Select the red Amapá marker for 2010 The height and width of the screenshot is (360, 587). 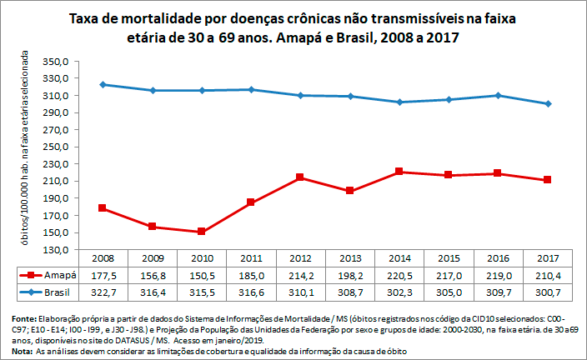[201, 232]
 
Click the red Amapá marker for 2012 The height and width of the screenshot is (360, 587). [300, 177]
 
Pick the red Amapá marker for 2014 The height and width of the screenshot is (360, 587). [399, 172]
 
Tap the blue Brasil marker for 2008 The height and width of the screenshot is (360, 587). [102, 85]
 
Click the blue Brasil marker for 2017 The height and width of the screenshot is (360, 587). [549, 103]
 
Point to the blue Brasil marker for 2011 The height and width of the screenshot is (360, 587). [251, 90]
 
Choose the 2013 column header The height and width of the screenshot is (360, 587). [349, 257]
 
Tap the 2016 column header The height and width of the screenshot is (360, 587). [499, 257]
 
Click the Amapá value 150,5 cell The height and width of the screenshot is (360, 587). [200, 275]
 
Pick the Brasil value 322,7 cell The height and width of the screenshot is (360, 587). [101, 292]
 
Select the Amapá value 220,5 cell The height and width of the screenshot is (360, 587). [399, 275]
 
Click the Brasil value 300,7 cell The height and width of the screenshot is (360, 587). [549, 292]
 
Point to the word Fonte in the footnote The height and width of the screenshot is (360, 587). [26, 319]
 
